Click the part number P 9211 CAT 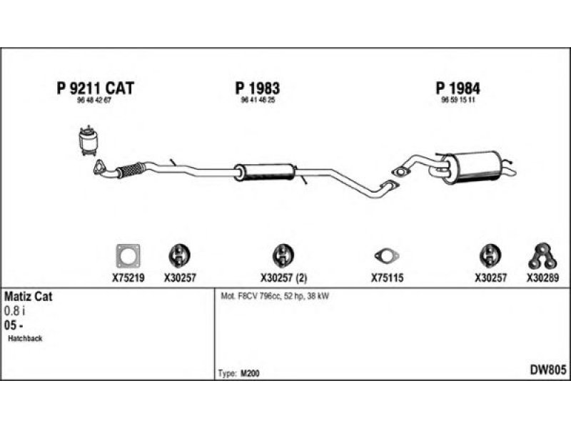(95, 88)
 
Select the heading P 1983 (257, 88)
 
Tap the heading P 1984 (458, 88)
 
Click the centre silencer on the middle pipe (265, 171)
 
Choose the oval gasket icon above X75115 (388, 256)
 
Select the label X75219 (128, 279)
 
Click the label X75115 (388, 279)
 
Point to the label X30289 (543, 279)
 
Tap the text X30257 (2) (283, 279)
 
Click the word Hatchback (26, 339)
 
